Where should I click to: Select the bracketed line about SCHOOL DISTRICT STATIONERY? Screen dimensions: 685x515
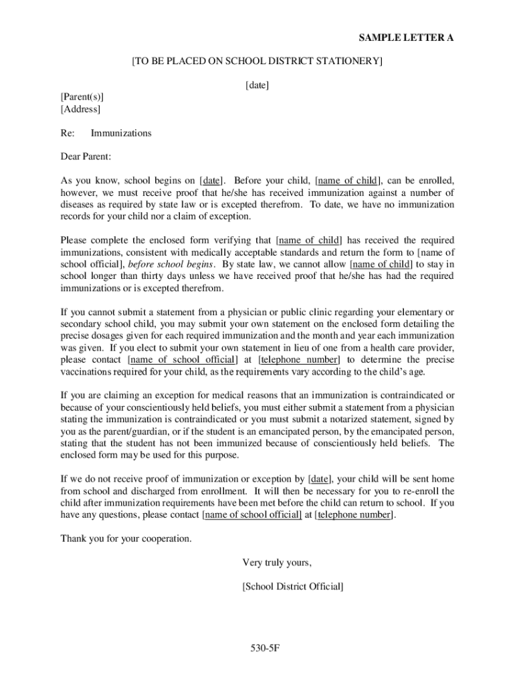[257, 62]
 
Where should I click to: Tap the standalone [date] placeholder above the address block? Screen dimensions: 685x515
[257, 85]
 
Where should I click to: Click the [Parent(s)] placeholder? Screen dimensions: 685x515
[82, 97]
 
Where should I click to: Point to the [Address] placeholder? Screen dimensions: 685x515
[80, 109]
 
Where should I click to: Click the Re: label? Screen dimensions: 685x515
[68, 133]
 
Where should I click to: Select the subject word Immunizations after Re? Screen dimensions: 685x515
[121, 133]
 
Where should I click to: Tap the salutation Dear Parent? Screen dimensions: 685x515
[86, 157]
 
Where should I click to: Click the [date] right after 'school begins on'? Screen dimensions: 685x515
[213, 181]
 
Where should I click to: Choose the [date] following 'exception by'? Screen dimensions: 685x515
[320, 479]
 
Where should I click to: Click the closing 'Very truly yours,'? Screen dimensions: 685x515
[277, 563]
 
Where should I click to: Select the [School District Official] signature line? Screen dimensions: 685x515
[293, 587]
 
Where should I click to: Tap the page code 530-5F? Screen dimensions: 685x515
[257, 648]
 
